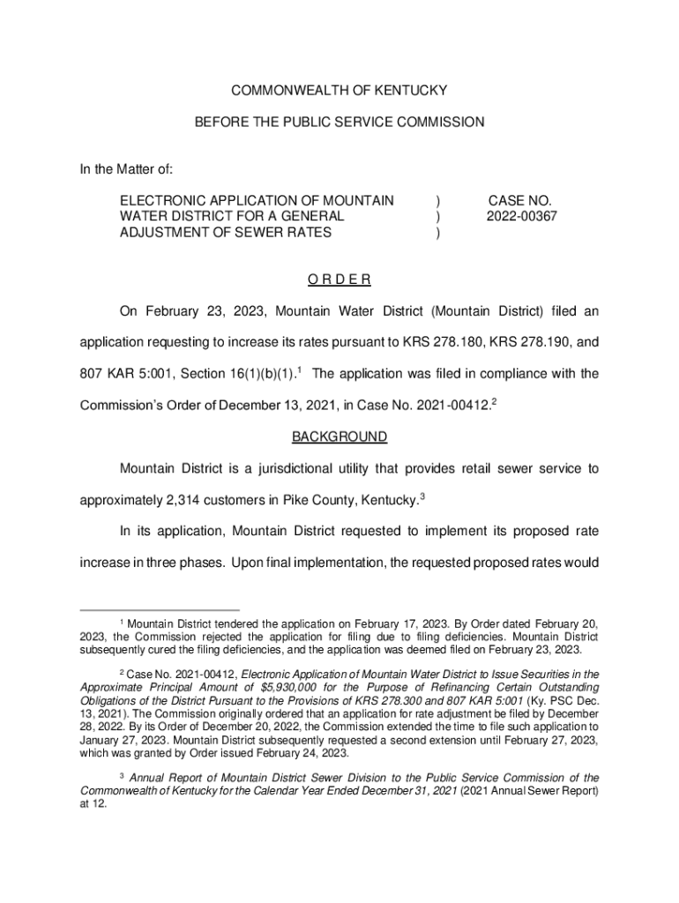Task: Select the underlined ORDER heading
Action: pyautogui.click(x=339, y=280)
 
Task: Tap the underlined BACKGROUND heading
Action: pyautogui.click(x=339, y=437)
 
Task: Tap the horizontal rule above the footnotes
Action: pyautogui.click(x=159, y=610)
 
